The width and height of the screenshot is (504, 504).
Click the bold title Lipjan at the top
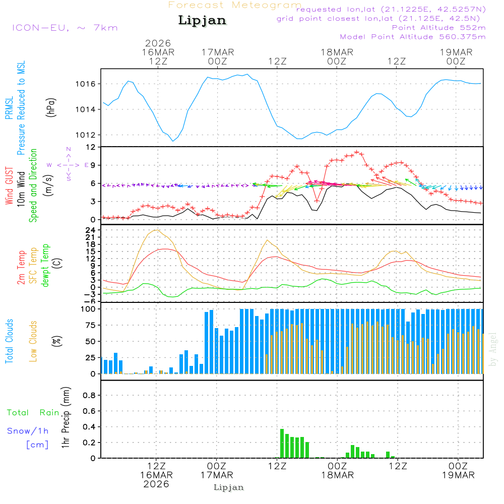coord(202,21)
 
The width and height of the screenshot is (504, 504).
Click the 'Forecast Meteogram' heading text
coord(235,5)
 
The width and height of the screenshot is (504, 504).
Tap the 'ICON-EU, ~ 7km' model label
coord(65,28)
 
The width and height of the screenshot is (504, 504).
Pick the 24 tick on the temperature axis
coord(91,230)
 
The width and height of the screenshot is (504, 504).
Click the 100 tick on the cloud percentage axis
coord(89,309)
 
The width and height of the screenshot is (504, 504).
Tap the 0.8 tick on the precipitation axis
coord(89,396)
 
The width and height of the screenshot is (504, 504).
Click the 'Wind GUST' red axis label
coord(9,187)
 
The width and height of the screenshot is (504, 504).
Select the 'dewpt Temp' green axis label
coord(45,265)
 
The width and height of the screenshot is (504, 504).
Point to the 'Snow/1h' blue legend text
coord(28,431)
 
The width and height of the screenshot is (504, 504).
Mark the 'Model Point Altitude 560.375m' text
coord(413,37)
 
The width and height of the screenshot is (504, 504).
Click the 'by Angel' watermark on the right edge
coord(493,348)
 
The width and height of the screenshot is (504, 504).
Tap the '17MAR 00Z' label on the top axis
coord(218,56)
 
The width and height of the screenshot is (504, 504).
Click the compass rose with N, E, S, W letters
coord(68,165)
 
